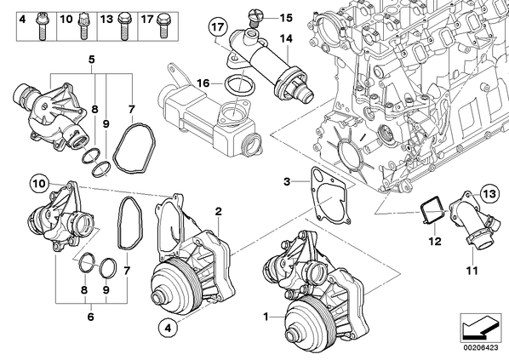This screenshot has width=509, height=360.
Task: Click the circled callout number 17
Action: coord(218,27)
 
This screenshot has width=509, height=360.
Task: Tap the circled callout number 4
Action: coord(168,328)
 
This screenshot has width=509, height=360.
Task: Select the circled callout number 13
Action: coord(489,194)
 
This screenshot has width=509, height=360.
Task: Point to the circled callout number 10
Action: coord(40,184)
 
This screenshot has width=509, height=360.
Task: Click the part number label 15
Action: coord(286,18)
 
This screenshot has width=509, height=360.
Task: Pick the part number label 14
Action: coord(286,38)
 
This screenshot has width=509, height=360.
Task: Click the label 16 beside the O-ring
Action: coord(203,83)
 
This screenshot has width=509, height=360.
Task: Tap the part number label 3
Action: coord(287,181)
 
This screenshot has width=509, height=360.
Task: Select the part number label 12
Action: coord(435,241)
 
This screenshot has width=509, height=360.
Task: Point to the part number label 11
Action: coord(472,270)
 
